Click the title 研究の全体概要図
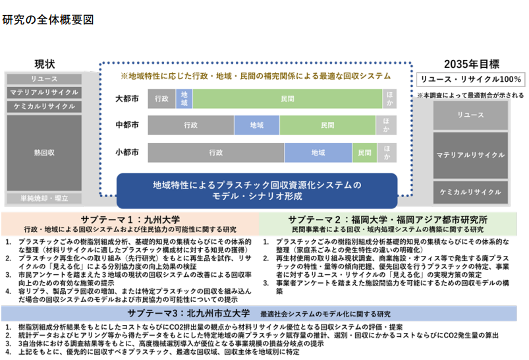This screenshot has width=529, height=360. (x=48, y=20)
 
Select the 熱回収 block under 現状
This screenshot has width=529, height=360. (x=44, y=153)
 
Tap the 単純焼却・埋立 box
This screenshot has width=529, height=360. (x=44, y=198)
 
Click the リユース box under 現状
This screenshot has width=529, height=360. (x=44, y=79)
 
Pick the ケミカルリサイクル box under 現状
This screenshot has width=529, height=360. (x=44, y=106)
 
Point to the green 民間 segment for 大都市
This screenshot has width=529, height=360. (x=287, y=99)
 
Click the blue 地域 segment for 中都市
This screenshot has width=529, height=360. (x=257, y=125)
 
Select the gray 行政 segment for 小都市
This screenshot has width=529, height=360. (x=216, y=153)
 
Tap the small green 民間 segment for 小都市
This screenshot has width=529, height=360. (x=364, y=153)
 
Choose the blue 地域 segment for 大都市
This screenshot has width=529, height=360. (x=184, y=99)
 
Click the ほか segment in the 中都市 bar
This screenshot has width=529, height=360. (x=386, y=125)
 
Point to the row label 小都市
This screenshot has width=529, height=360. (x=127, y=152)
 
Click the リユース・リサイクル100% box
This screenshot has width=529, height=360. (x=470, y=79)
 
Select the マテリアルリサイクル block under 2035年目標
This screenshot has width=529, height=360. (x=470, y=155)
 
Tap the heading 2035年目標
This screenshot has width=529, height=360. (x=471, y=64)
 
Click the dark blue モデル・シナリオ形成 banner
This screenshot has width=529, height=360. (x=257, y=191)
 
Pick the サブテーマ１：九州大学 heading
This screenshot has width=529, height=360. (x=130, y=220)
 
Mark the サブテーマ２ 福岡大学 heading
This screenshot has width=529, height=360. (x=387, y=220)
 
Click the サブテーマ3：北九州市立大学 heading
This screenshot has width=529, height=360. (x=188, y=313)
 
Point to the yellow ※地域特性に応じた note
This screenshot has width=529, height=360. (x=256, y=76)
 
